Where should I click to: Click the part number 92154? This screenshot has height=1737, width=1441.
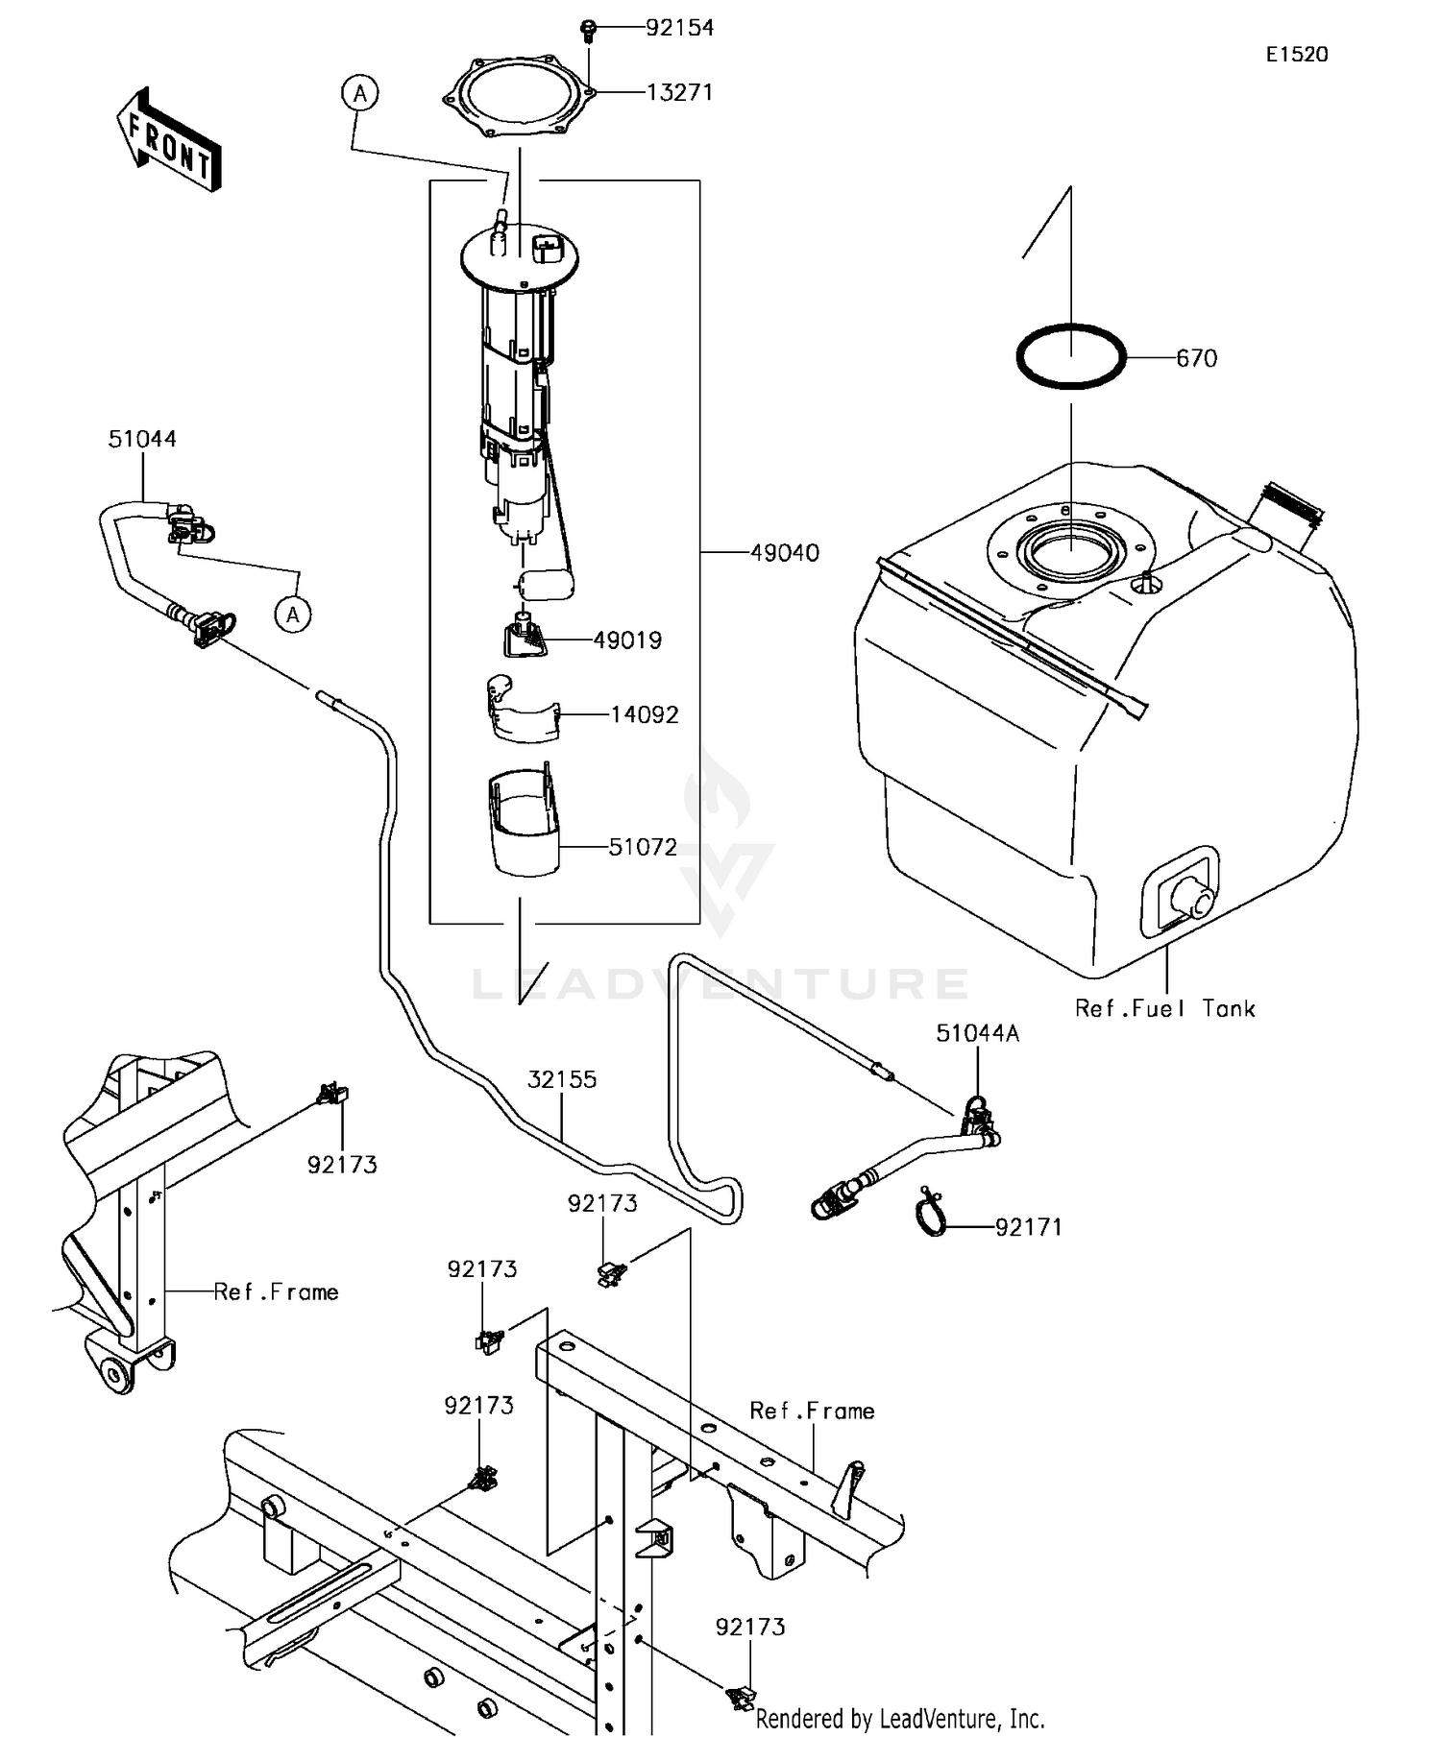679,28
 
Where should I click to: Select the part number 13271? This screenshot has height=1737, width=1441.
679,92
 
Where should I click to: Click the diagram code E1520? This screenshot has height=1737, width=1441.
1296,55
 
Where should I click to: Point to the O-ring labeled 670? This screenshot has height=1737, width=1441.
1071,357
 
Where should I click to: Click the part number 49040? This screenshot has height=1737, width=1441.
784,553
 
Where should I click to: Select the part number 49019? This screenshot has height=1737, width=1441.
627,640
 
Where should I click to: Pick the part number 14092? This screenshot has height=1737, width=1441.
644,715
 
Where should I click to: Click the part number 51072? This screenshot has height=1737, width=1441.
643,847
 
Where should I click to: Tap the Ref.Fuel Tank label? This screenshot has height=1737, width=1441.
1164,1008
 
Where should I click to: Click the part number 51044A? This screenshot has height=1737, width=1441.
977,1033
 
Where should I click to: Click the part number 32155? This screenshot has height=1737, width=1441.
562,1079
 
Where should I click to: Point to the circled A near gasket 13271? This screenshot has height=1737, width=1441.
360,93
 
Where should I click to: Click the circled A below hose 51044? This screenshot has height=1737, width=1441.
293,614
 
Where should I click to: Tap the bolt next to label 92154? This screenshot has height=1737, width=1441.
588,30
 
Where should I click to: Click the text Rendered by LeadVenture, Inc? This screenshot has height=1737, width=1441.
899,1718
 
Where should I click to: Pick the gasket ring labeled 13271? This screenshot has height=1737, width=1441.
519,96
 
